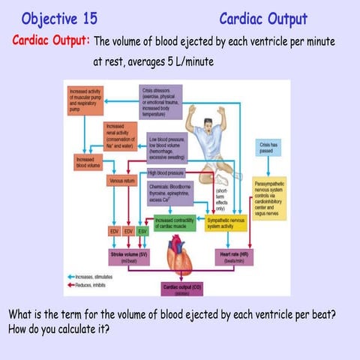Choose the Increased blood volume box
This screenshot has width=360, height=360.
[x=85, y=162]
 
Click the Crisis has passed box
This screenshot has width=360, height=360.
[x=269, y=147]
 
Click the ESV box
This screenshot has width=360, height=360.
[x=142, y=232]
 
